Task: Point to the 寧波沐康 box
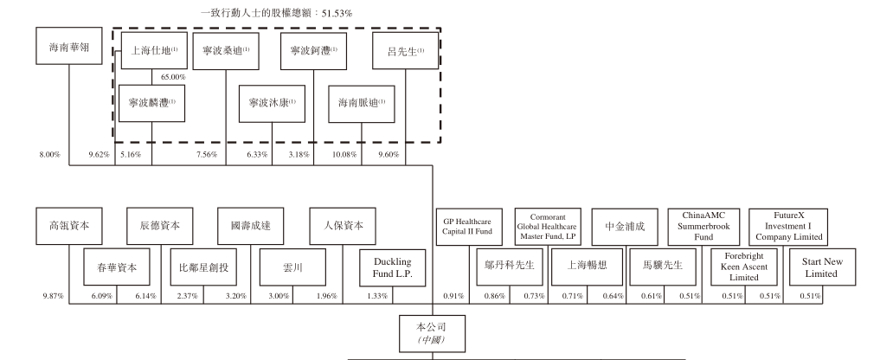pos(272,103)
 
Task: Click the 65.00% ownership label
pos(174,78)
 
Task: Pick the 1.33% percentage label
pos(376,297)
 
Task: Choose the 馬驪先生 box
pos(663,267)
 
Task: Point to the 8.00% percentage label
pos(49,155)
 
